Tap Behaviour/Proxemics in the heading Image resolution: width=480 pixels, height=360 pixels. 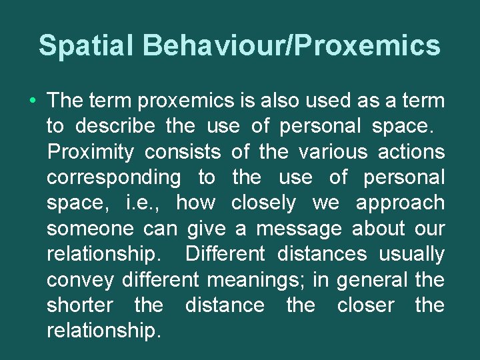(291, 45)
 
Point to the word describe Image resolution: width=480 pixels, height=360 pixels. (115, 127)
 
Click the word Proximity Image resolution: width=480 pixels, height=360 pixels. (91, 152)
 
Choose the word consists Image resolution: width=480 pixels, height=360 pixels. (183, 152)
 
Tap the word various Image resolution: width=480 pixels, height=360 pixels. (333, 152)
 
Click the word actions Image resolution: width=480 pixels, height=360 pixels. (411, 152)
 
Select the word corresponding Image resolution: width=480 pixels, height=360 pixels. (113, 178)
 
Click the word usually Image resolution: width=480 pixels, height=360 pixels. (411, 254)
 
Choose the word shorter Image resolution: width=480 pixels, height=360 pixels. (80, 305)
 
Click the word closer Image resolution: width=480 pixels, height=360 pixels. (366, 305)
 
